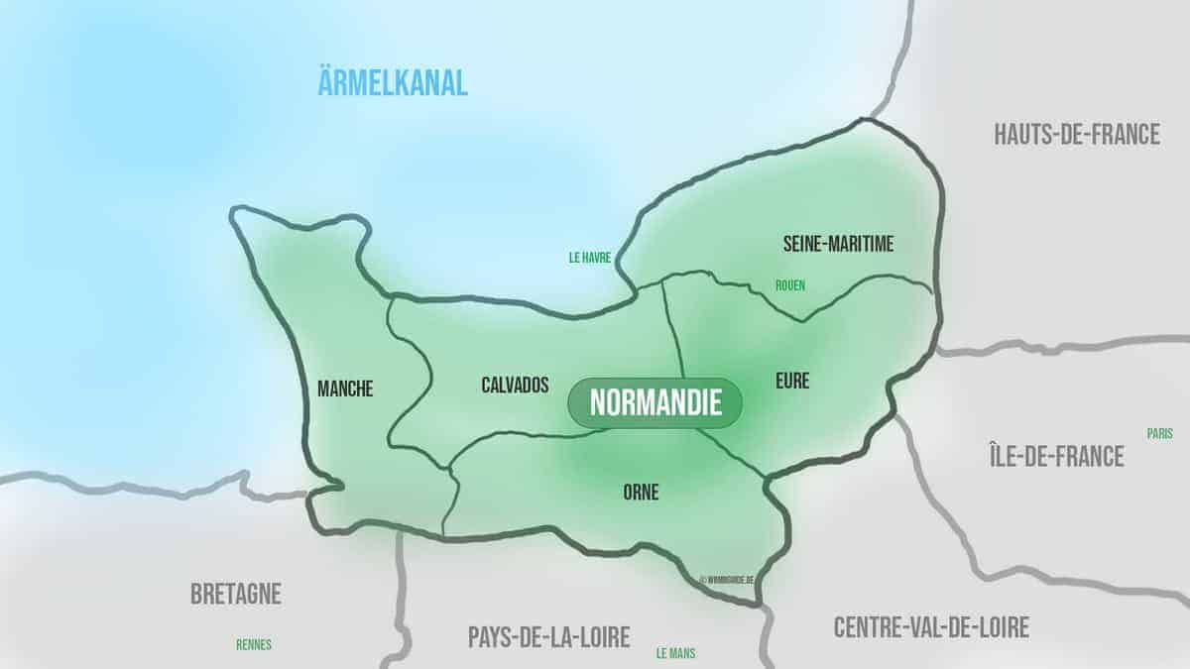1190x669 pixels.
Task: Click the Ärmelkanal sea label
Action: [x=393, y=83]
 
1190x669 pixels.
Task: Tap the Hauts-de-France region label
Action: [x=1076, y=135]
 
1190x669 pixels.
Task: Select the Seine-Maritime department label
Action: [x=838, y=244]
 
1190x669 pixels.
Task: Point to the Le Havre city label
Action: [x=589, y=257]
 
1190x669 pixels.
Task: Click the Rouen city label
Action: [x=790, y=285]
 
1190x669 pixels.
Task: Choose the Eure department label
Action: [x=793, y=380]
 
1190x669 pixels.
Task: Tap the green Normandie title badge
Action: [x=654, y=402]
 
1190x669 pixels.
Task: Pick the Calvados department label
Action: [x=515, y=386]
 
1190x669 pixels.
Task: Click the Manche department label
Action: [x=345, y=390]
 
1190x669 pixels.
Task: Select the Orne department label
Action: [x=642, y=491]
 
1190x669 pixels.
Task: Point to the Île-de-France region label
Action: [x=1056, y=456]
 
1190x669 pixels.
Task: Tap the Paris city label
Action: [x=1159, y=433]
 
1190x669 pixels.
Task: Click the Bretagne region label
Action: [x=236, y=595]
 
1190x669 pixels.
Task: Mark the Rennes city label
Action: [x=254, y=644]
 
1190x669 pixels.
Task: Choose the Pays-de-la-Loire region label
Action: [x=548, y=637]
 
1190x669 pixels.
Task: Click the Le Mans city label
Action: [x=675, y=653]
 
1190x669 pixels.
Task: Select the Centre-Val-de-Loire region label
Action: [x=931, y=626]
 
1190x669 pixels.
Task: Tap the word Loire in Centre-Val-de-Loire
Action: [x=997, y=626]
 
